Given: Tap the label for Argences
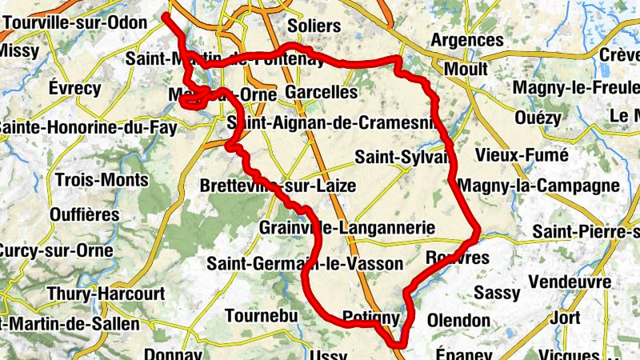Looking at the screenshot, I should coord(467,40).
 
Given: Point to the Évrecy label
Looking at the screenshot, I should coord(74,88).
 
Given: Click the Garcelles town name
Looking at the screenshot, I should coord(321,92).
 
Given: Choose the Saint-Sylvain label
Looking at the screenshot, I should coord(403,157).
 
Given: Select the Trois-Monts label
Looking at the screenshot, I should coord(102,179).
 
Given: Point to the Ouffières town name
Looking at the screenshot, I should coord(84,214).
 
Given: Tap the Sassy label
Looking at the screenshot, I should coord(497,293).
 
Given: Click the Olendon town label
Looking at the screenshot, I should coord(458,320).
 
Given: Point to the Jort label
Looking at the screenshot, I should coord(566,318).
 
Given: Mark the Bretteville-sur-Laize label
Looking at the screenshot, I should coord(277,186).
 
